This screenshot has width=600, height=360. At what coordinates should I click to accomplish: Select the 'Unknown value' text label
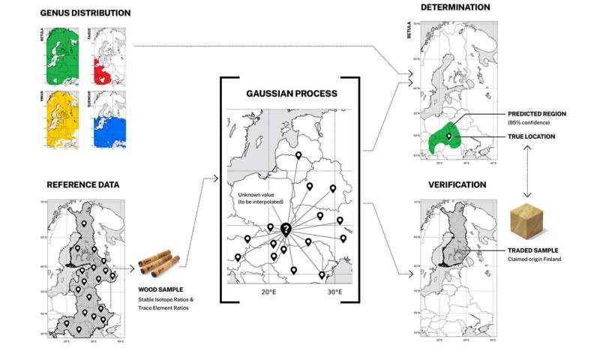(253, 197)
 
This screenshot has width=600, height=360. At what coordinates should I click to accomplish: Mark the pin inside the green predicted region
(448, 136)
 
